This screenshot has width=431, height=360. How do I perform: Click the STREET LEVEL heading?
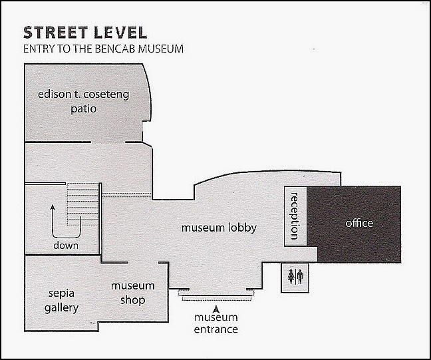tap(85, 33)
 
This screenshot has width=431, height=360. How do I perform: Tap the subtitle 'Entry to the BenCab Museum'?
tap(103, 49)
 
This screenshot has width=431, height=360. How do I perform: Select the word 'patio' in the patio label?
tap(84, 109)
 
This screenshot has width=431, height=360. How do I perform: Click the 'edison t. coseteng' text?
tap(84, 94)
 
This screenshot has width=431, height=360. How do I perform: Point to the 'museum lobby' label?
tap(219, 228)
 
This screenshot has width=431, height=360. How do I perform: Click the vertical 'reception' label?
tap(295, 216)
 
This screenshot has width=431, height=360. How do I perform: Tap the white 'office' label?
tap(359, 223)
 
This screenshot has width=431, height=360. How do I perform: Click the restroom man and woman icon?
tap(295, 277)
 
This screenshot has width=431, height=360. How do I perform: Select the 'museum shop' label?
tap(133, 293)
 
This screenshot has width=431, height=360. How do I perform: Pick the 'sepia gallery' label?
tap(61, 301)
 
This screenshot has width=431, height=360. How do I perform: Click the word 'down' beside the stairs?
tap(66, 246)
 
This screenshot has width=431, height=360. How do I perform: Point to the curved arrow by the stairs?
tap(66, 238)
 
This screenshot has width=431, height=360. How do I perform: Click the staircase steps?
tap(82, 204)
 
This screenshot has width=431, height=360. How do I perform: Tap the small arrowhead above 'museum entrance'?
tap(216, 309)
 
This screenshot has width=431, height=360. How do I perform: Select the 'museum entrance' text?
tap(215, 323)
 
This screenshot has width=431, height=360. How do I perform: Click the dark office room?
tap(355, 224)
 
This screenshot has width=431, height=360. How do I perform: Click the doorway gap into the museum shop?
tap(143, 263)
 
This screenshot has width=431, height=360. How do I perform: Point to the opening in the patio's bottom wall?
tap(108, 142)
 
